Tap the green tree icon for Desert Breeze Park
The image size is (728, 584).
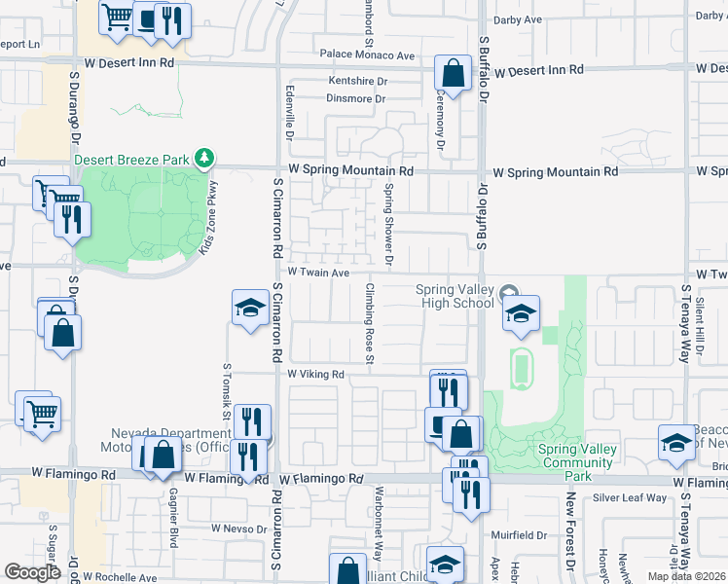point(203,157)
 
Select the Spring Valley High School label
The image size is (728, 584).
point(455,296)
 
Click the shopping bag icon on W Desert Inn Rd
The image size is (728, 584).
point(453,72)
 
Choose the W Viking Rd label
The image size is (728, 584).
point(316,374)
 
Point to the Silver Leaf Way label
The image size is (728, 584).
point(630,497)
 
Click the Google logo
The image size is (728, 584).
point(33,572)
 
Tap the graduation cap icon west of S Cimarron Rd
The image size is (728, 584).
point(250,309)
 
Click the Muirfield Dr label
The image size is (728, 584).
point(520,534)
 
